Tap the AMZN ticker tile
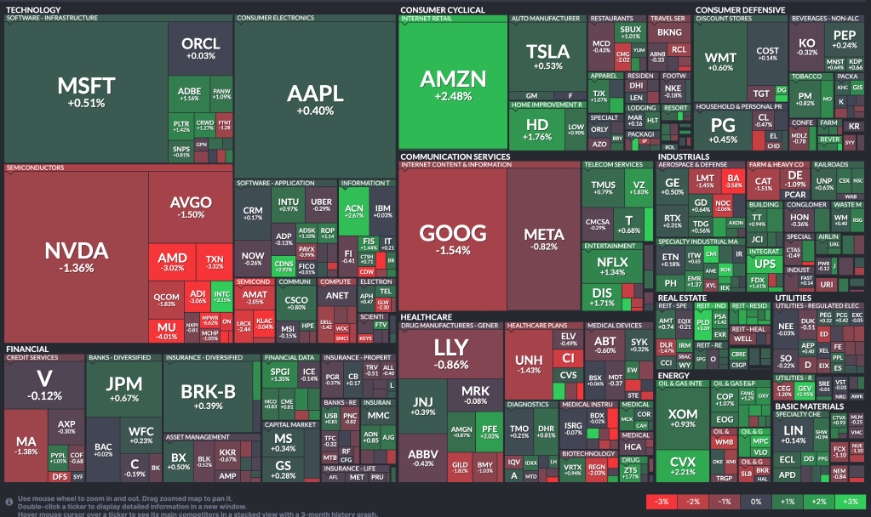(453, 85)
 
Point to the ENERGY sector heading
(673, 375)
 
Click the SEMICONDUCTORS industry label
(36, 168)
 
